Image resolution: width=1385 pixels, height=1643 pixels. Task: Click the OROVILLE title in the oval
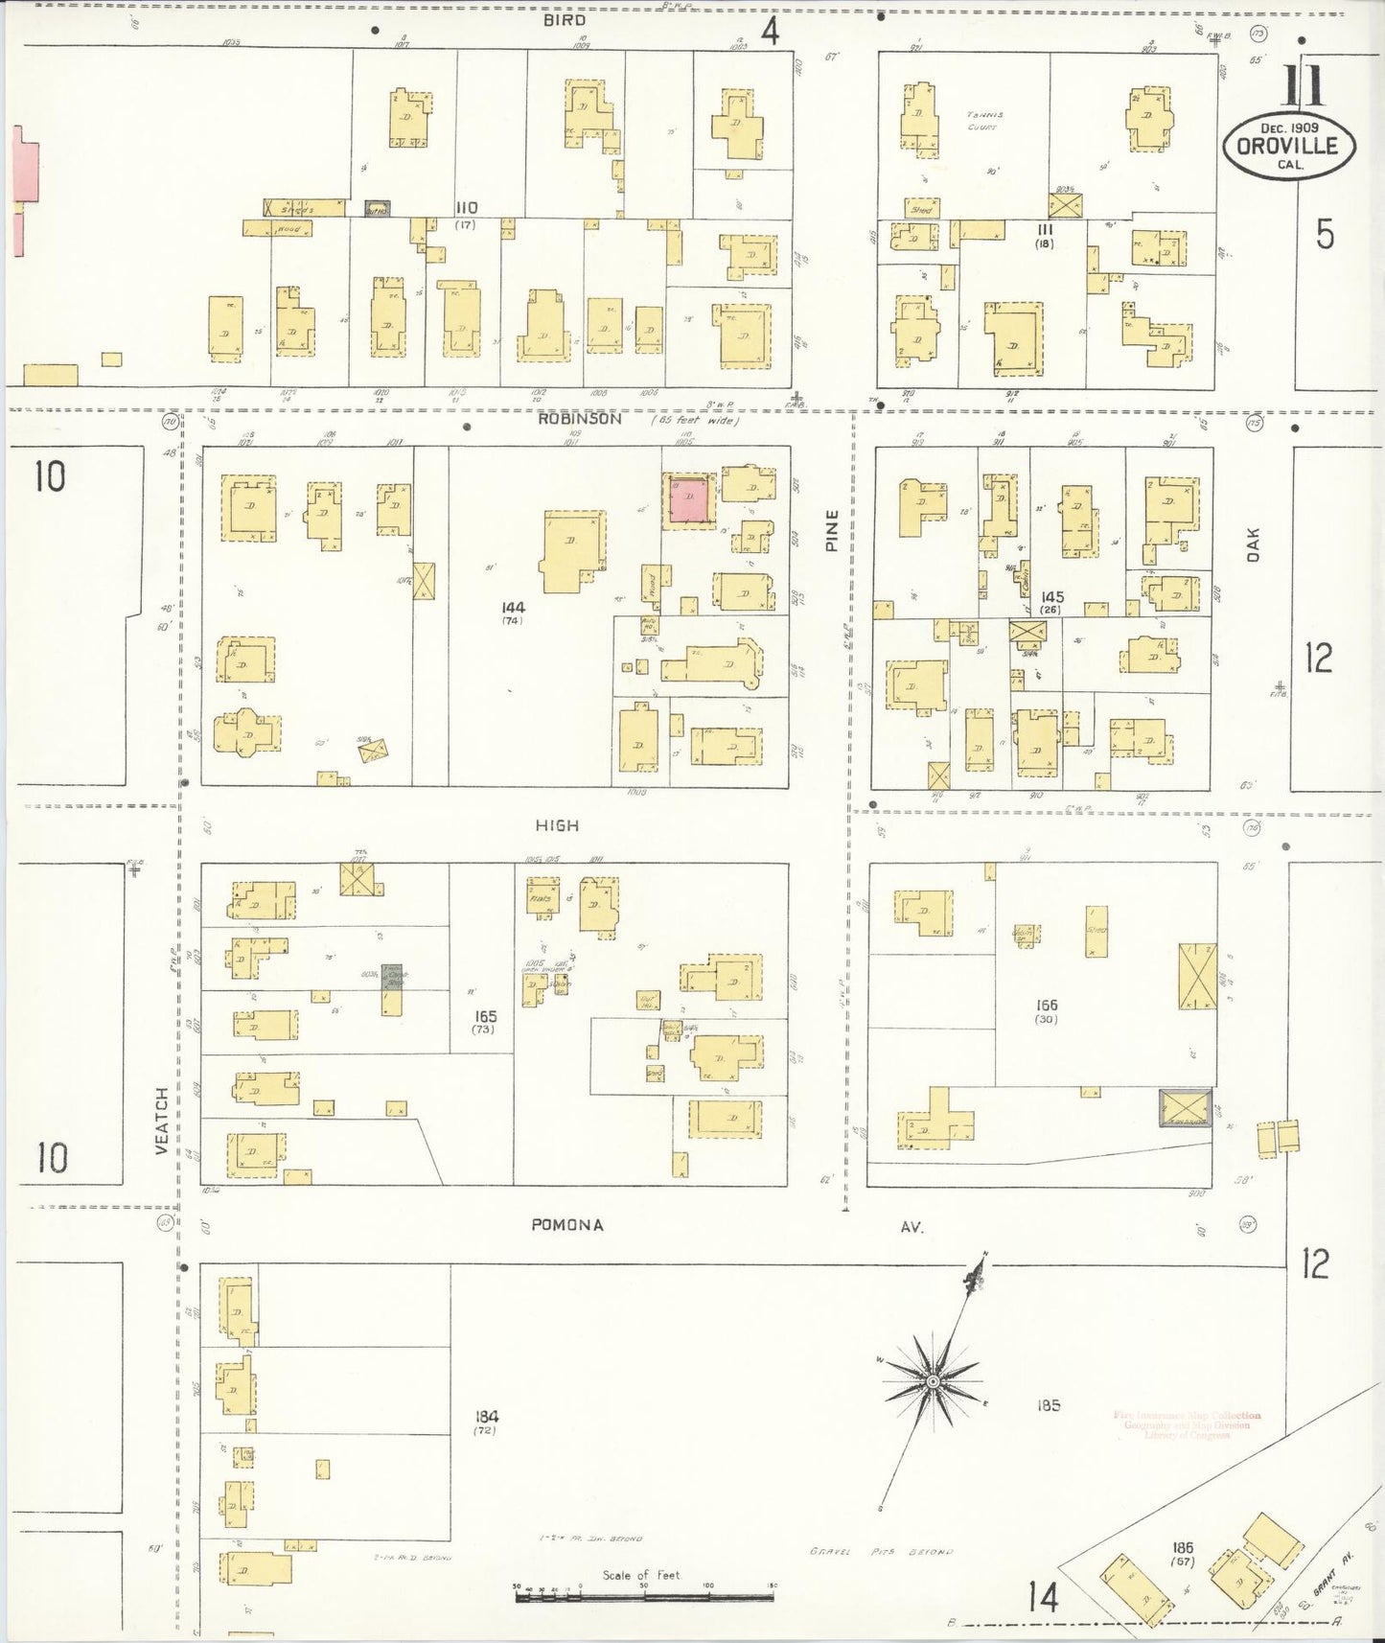tap(1289, 146)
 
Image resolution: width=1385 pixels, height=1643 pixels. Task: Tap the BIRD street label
tap(564, 19)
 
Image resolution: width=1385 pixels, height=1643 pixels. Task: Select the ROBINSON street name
tap(579, 419)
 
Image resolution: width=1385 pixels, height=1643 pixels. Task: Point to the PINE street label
tap(831, 530)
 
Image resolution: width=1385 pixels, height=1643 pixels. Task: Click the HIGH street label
tap(557, 825)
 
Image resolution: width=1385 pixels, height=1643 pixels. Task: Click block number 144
tap(512, 607)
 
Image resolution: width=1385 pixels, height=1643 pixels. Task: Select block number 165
tap(486, 1015)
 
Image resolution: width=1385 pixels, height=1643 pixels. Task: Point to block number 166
tap(1046, 1005)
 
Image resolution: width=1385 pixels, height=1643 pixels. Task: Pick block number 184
tap(487, 1417)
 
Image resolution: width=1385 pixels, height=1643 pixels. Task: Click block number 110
tap(467, 208)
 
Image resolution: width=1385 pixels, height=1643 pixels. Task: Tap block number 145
tap(1051, 597)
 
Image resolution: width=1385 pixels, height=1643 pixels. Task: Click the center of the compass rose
tap(932, 1381)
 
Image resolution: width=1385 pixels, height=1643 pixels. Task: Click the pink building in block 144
tap(689, 500)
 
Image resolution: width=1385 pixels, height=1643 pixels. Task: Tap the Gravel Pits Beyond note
tap(879, 1553)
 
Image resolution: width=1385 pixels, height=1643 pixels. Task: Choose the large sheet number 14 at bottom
tap(1044, 1598)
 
